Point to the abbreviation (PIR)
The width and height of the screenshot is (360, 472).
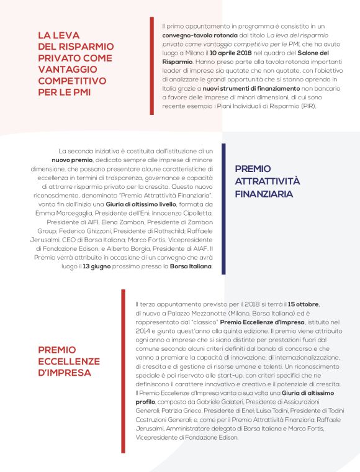(305, 106)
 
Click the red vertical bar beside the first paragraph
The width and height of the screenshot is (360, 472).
(152, 66)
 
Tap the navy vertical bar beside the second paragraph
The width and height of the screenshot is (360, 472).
(223, 208)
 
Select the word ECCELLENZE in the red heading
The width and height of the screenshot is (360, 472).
(69, 361)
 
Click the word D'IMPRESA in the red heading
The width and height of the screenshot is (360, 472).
(65, 373)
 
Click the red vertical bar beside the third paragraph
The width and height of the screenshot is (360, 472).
(123, 370)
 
